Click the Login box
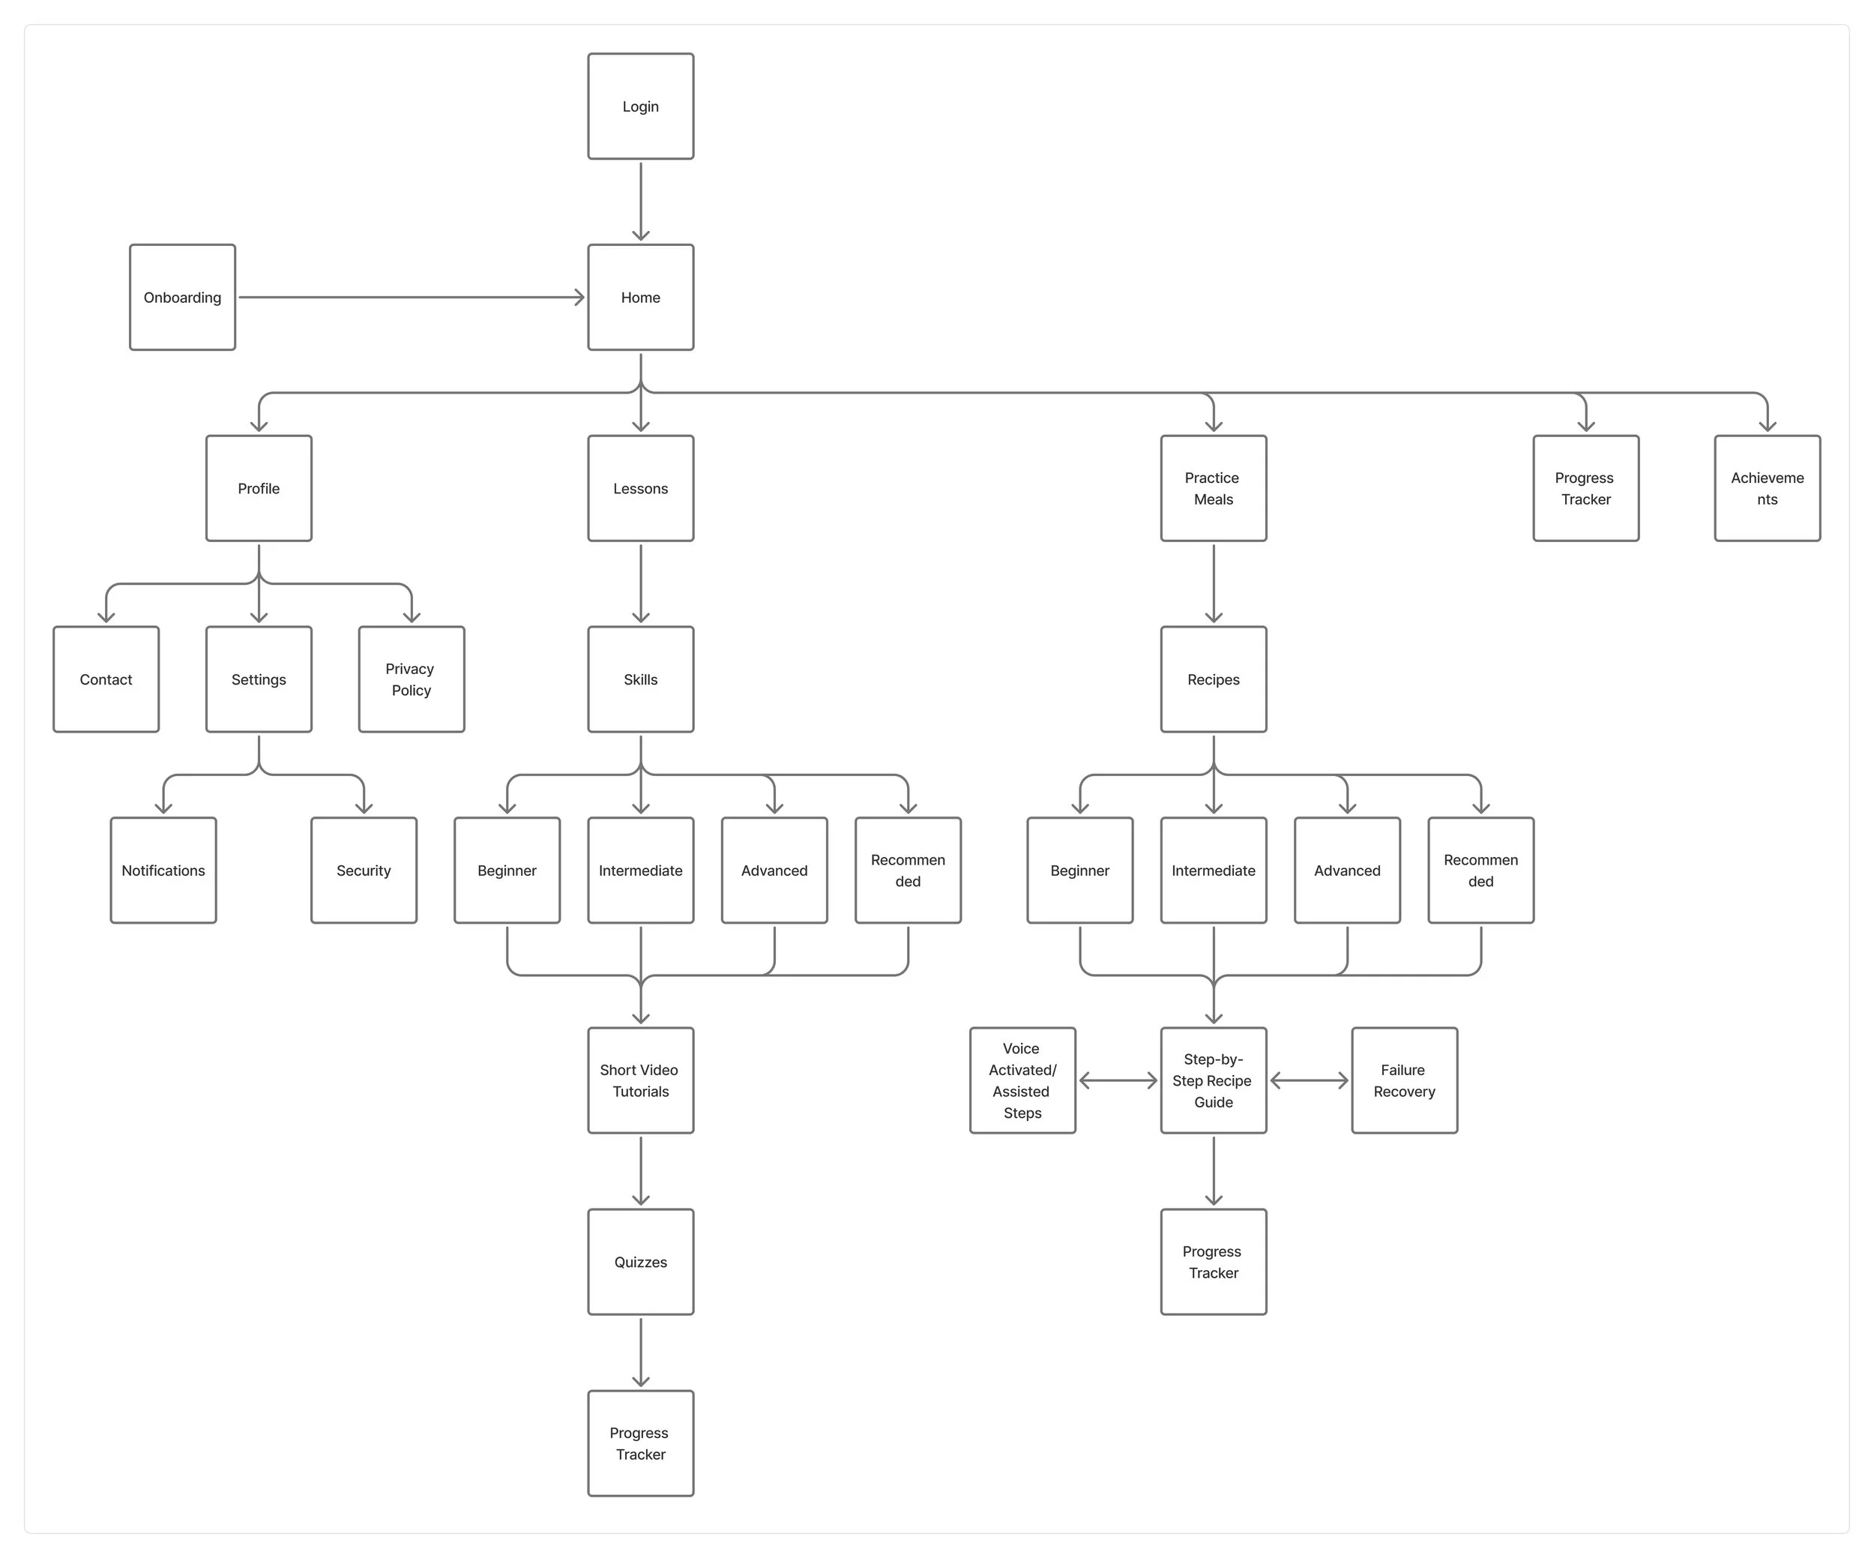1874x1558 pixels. pyautogui.click(x=640, y=106)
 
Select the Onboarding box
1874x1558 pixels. pyautogui.click(x=182, y=297)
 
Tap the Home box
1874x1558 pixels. pyautogui.click(x=640, y=297)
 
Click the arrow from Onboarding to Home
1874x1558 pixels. pyautogui.click(x=411, y=297)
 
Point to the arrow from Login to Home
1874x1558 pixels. pyautogui.click(x=640, y=201)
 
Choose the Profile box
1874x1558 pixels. pyautogui.click(x=259, y=488)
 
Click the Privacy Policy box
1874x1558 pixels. pyautogui.click(x=412, y=679)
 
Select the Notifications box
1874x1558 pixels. pyautogui.click(x=163, y=870)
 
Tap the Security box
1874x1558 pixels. pyautogui.click(x=364, y=870)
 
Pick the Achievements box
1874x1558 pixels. pyautogui.click(x=1767, y=488)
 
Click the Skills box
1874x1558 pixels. pyautogui.click(x=640, y=679)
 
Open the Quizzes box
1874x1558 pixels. pyautogui.click(x=640, y=1262)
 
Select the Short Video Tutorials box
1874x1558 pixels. pyautogui.click(x=640, y=1080)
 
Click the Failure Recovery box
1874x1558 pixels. pyautogui.click(x=1404, y=1080)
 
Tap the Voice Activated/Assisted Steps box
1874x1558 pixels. pyautogui.click(x=1022, y=1080)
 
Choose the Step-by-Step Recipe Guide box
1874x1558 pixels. pyautogui.click(x=1213, y=1080)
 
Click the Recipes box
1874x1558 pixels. pyautogui.click(x=1213, y=679)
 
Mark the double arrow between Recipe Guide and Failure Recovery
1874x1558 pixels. pyautogui.click(x=1308, y=1080)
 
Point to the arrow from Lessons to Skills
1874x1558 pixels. pyautogui.click(x=640, y=583)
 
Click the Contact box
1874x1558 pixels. pyautogui.click(x=106, y=679)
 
